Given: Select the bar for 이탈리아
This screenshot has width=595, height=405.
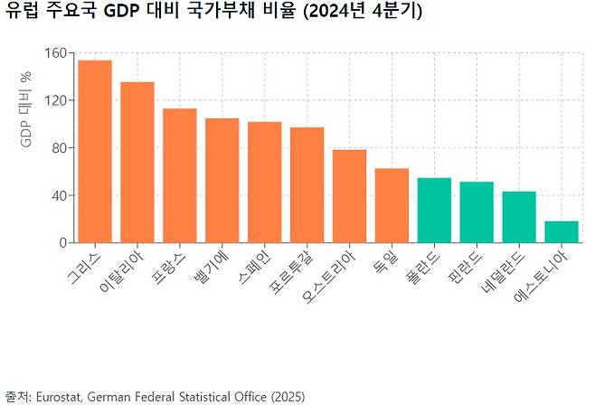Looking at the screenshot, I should [x=137, y=163].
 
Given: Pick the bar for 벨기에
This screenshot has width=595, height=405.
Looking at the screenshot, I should [x=222, y=181].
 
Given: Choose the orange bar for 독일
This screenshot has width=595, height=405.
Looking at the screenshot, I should [x=392, y=206].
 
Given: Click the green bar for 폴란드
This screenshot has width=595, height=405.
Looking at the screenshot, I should [x=434, y=211].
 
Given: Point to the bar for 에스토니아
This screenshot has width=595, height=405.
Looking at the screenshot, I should [x=562, y=232].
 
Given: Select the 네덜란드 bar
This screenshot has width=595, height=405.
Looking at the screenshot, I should [x=519, y=217].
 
